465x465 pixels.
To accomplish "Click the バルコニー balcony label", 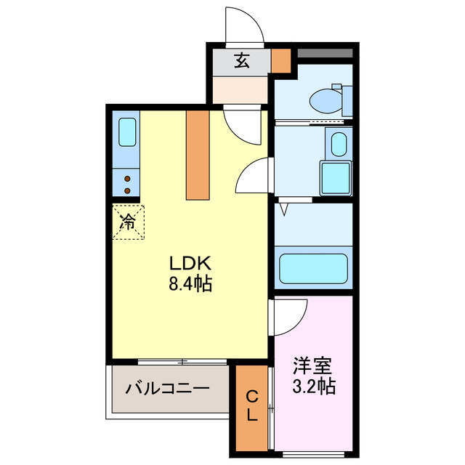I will pyautogui.click(x=167, y=388).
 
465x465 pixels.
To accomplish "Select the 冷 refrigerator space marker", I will pyautogui.click(x=129, y=222).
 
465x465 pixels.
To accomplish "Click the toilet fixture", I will pyautogui.click(x=324, y=99).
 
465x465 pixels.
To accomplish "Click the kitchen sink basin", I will pyautogui.click(x=126, y=132).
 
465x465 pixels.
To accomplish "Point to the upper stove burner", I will pyautogui.click(x=127, y=178).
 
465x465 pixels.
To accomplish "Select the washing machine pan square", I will pyautogui.click(x=335, y=178).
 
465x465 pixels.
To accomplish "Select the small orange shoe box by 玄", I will pyautogui.click(x=280, y=61).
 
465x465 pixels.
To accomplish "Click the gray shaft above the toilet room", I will pyautogui.click(x=324, y=53).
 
